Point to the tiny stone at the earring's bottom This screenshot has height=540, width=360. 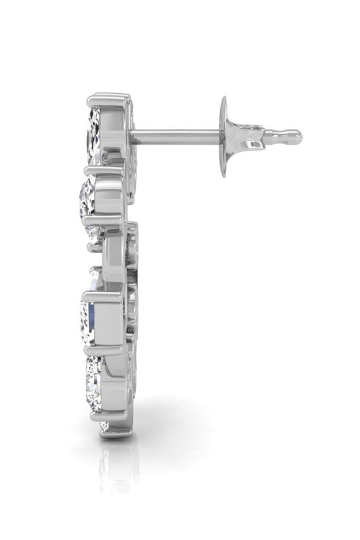coord(103,427)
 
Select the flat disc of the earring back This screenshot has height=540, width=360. coord(223,136)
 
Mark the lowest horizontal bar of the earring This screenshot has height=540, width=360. coord(115,433)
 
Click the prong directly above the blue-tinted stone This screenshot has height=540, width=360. coord(103,294)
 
